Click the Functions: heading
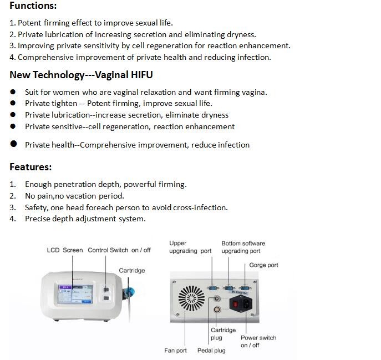(x=33, y=6)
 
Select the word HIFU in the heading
(x=141, y=75)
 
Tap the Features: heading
(x=31, y=167)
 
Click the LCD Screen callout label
(x=65, y=250)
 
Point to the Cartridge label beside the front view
(x=132, y=271)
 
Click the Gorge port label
(x=263, y=265)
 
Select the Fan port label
(x=175, y=351)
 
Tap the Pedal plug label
(x=211, y=351)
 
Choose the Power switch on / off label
(x=258, y=341)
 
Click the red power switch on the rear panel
(x=235, y=304)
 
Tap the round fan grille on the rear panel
(x=191, y=298)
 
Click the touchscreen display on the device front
(x=75, y=295)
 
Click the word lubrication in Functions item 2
(x=64, y=34)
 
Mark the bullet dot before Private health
(x=14, y=144)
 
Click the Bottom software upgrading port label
(x=243, y=247)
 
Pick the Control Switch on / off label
(x=119, y=250)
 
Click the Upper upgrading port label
(x=190, y=247)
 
